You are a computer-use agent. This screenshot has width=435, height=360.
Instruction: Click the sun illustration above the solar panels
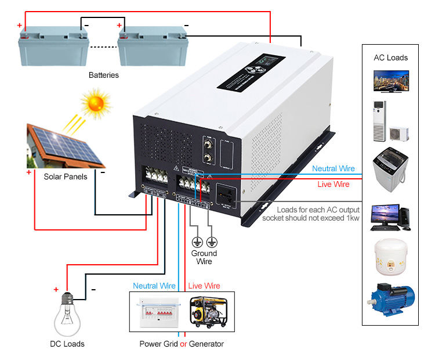click(x=95, y=104)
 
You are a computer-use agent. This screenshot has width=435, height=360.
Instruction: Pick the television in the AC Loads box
click(x=390, y=81)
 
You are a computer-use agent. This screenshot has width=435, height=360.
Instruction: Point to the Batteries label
click(x=104, y=75)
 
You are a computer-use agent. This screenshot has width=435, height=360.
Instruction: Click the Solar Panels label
click(x=66, y=176)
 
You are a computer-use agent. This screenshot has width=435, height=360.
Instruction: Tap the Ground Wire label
click(x=204, y=257)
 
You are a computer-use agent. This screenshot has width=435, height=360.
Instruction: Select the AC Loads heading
click(x=390, y=57)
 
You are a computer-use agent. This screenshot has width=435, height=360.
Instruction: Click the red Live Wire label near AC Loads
click(x=333, y=184)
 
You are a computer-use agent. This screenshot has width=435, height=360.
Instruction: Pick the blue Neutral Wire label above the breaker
click(x=154, y=286)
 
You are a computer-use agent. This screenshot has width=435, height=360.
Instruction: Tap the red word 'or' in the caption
click(x=183, y=344)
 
